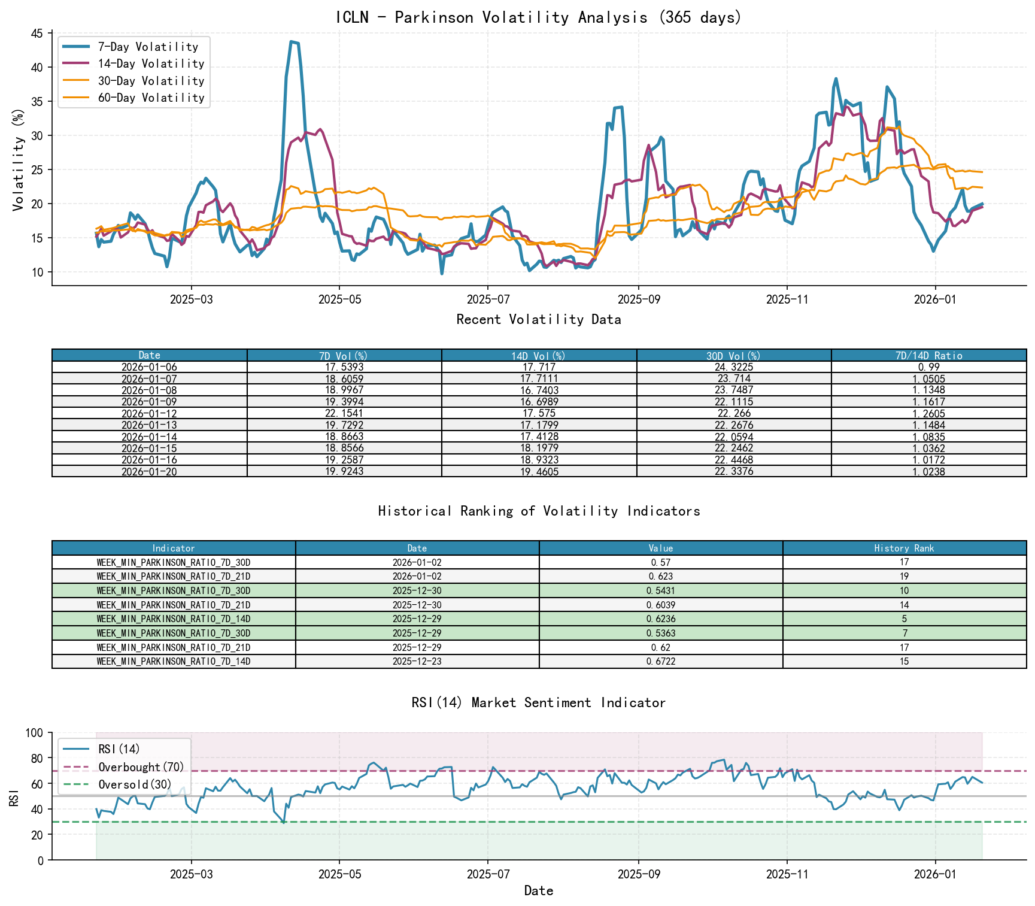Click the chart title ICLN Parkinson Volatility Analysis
pos(538,17)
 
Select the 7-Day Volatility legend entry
pos(147,47)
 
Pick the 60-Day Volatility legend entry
pos(150,98)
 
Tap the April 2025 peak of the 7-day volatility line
pos(292,42)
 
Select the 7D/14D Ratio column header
pos(928,356)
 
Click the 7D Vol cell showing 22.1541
pos(344,414)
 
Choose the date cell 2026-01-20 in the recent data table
pos(149,472)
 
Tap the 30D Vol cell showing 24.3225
pos(734,367)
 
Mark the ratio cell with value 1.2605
pos(928,414)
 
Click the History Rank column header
pos(904,549)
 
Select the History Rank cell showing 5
pos(904,619)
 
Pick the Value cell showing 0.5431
pos(660,591)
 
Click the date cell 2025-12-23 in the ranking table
pos(417,662)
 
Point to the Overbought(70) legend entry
pos(141,767)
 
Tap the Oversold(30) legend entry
pos(135,784)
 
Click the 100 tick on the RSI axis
pos(35,733)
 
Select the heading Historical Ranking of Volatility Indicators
pos(538,511)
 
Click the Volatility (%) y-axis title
pos(18,159)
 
